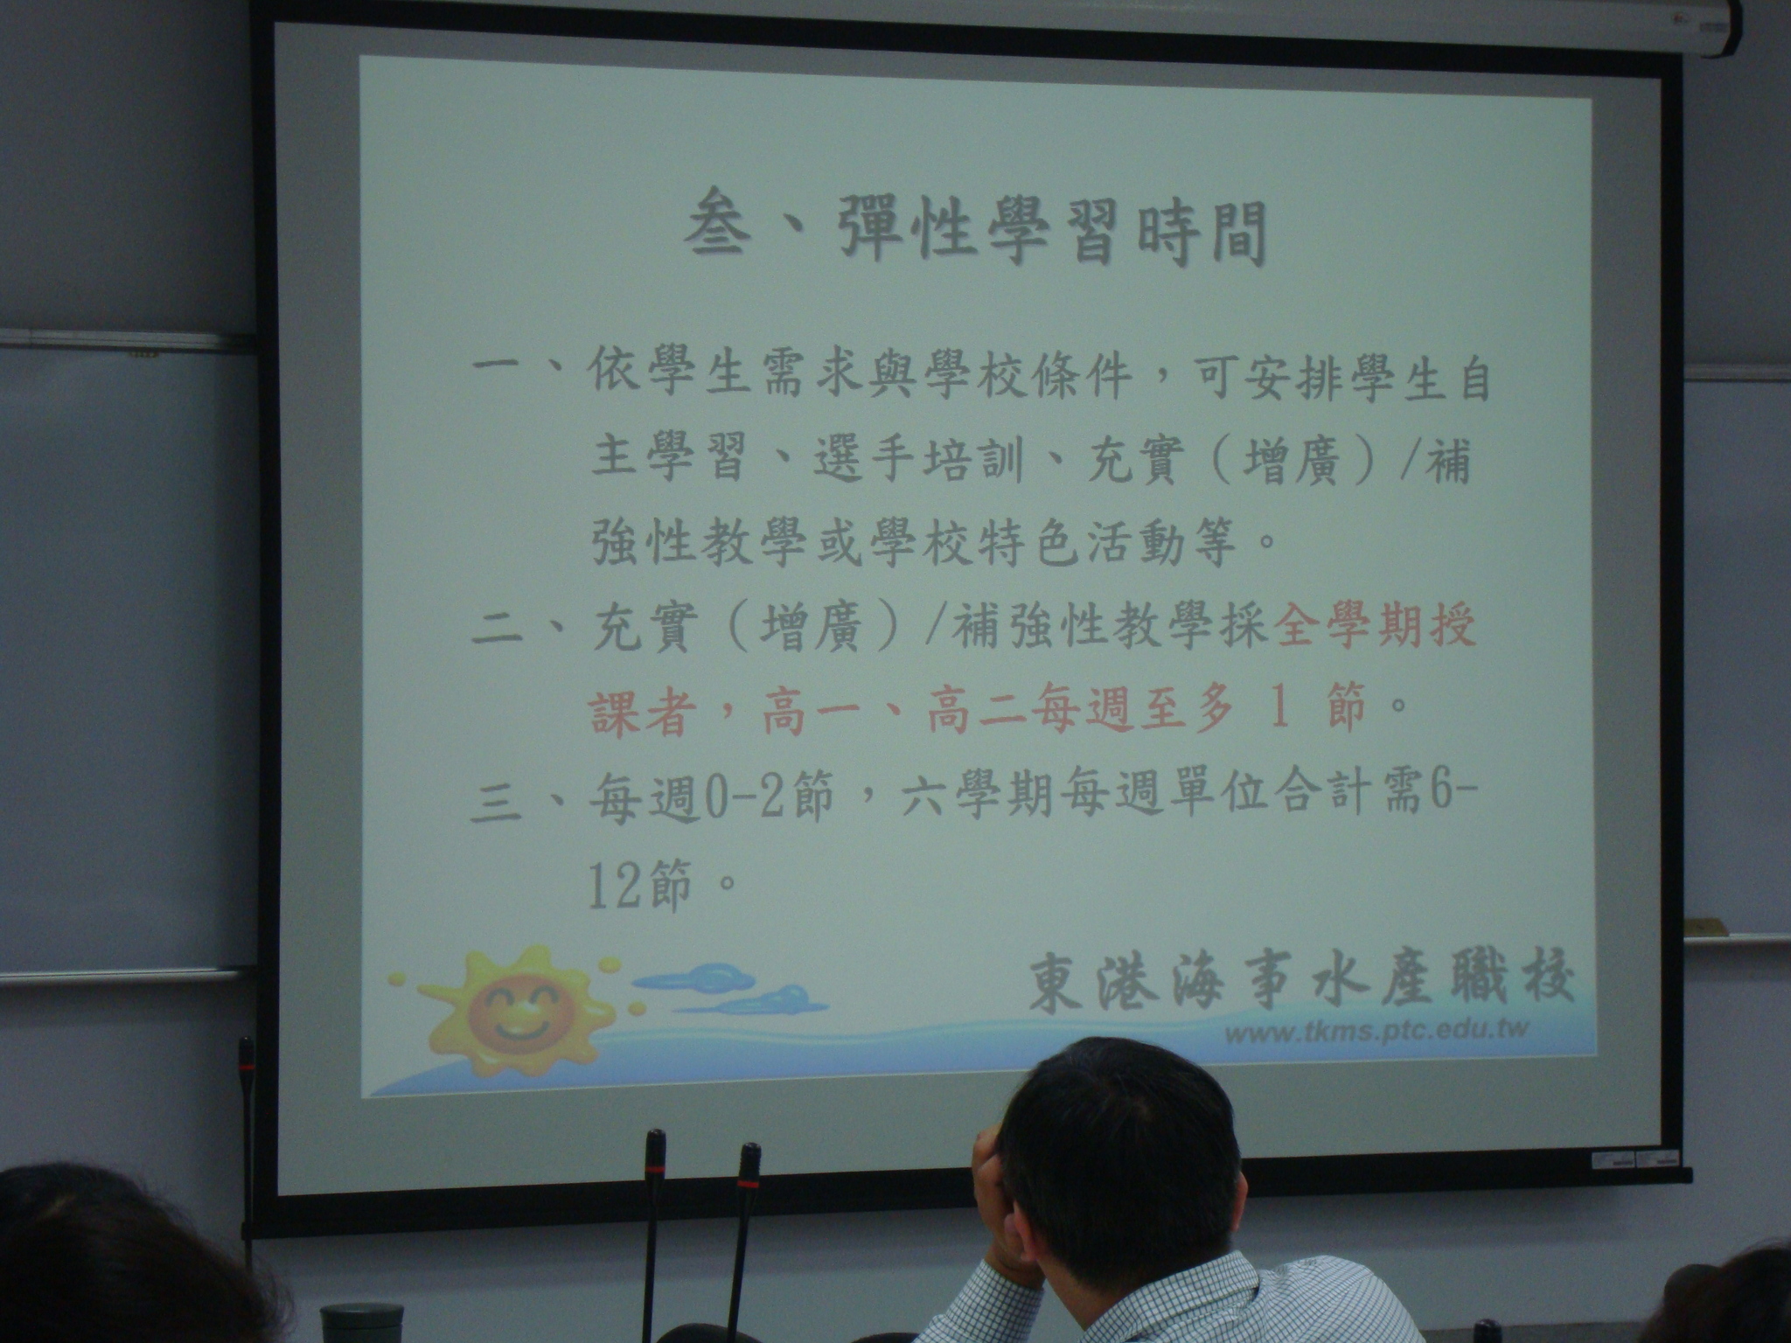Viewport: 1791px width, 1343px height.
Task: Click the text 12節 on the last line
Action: (x=638, y=884)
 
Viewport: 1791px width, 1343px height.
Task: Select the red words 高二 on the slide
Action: (x=978, y=712)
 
